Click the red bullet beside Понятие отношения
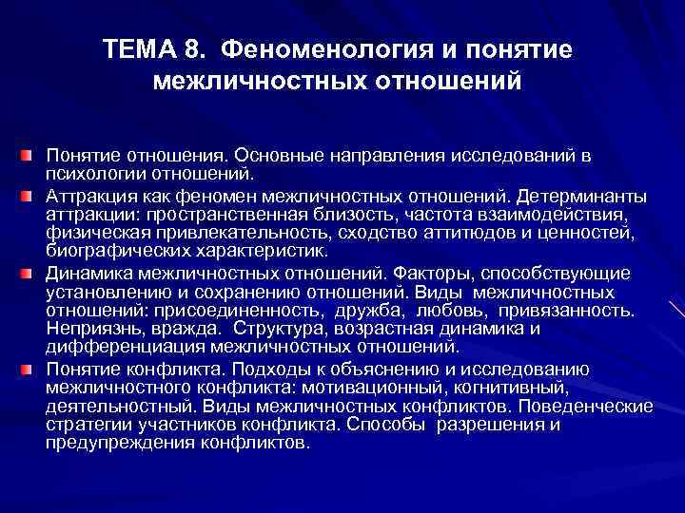[30, 154]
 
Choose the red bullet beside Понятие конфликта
[30, 368]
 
